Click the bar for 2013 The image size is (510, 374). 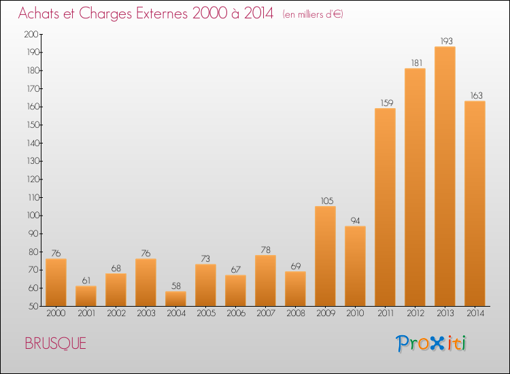(445, 176)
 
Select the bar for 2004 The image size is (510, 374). (175, 299)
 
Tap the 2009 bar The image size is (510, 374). (325, 256)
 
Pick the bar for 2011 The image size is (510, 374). (385, 207)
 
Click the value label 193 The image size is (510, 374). (446, 41)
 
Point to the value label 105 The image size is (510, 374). (327, 201)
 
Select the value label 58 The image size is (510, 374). (176, 286)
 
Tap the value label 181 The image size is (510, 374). (417, 63)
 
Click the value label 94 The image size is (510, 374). (355, 221)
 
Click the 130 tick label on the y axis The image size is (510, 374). (33, 161)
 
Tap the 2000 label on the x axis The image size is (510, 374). (56, 313)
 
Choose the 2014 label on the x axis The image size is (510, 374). (475, 313)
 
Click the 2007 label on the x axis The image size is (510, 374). (266, 313)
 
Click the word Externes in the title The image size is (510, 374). (162, 14)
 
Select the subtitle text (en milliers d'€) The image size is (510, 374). (313, 15)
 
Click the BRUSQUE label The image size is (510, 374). (55, 343)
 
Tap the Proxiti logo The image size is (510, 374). (431, 343)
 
